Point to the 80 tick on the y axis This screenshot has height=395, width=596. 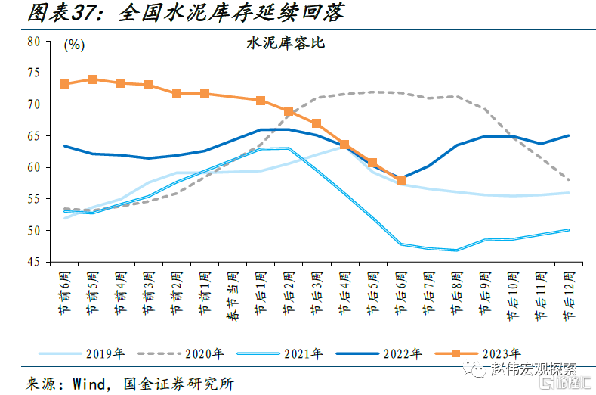tap(32, 42)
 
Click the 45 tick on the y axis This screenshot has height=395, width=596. tap(32, 262)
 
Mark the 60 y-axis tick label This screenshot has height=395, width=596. tap(32, 167)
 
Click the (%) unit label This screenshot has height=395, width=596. tap(74, 45)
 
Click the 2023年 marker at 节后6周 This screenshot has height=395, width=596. tap(401, 181)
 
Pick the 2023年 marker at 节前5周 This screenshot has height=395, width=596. tap(92, 79)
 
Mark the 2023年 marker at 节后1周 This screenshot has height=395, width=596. tap(261, 100)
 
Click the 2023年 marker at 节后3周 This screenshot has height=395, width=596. tap(317, 123)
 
